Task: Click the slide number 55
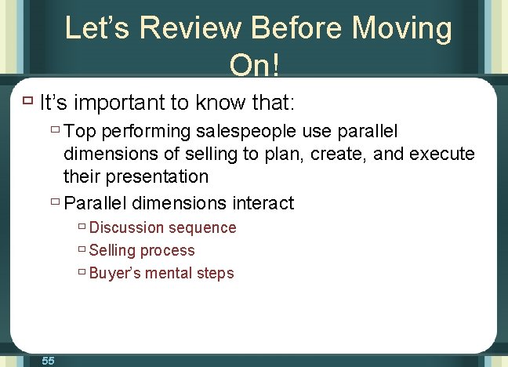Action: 48,360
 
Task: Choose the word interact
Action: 263,204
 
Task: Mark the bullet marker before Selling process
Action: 82,250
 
